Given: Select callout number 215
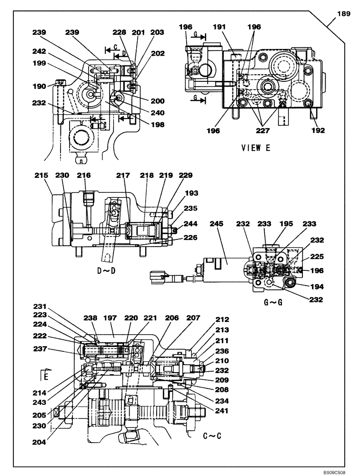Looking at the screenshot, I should tap(41, 176).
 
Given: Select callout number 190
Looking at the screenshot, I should tap(40, 86).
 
